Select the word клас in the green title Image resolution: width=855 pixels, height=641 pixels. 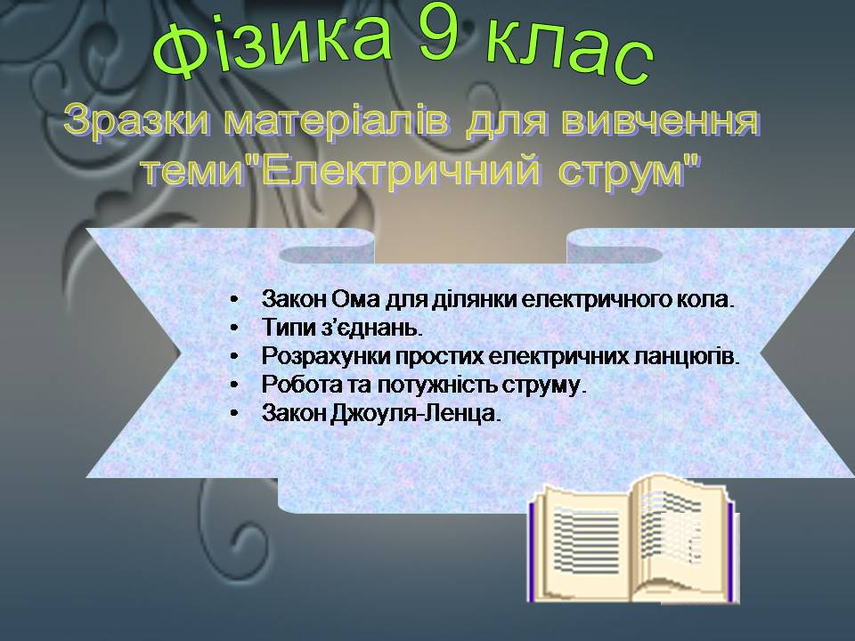[569, 51]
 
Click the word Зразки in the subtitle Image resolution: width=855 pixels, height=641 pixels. [136, 121]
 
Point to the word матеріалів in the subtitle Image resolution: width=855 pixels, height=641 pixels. [336, 122]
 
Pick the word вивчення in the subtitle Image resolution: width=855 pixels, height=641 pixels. [660, 121]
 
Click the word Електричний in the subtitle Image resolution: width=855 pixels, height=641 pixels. [402, 170]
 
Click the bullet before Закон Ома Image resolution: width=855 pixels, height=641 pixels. [234, 299]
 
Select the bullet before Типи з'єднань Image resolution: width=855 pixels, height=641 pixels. [234, 328]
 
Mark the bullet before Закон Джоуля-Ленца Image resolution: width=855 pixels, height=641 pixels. [234, 413]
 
